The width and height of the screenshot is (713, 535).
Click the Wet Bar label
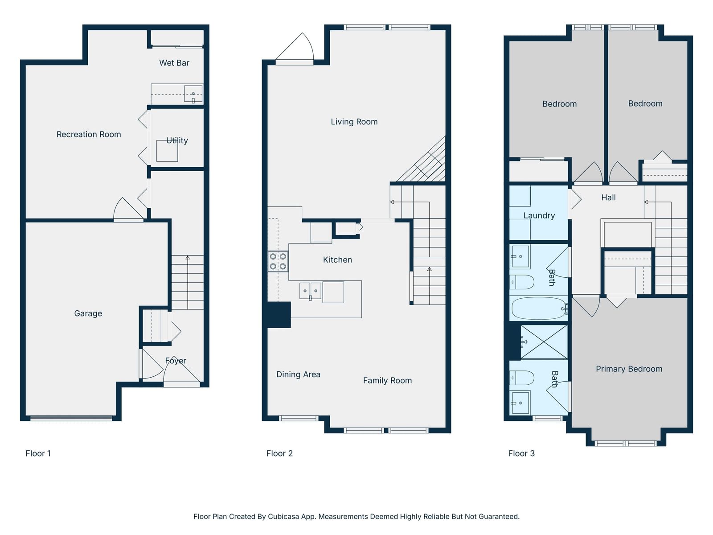(x=174, y=63)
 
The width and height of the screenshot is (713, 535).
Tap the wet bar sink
(x=193, y=94)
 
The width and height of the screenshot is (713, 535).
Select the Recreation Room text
(x=89, y=134)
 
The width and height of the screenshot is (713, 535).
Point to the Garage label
(x=88, y=313)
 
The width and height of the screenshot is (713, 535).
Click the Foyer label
(x=176, y=361)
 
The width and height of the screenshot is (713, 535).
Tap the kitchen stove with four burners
(x=278, y=262)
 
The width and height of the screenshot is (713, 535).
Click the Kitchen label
(x=337, y=259)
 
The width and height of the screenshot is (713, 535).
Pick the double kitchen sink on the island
(x=310, y=291)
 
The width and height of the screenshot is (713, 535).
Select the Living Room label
(x=354, y=121)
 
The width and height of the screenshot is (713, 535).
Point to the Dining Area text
(x=298, y=374)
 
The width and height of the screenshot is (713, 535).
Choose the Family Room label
(x=387, y=380)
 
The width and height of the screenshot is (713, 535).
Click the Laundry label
(x=539, y=215)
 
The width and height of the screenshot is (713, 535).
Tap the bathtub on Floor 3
(x=540, y=309)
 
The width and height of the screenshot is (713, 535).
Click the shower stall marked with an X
(x=544, y=342)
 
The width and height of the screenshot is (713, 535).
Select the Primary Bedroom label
(x=629, y=369)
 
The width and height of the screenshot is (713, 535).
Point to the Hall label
(x=608, y=198)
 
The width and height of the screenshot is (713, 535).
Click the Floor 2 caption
(x=279, y=453)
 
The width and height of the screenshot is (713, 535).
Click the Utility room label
(x=177, y=140)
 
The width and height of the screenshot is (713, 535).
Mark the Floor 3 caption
(x=521, y=453)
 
